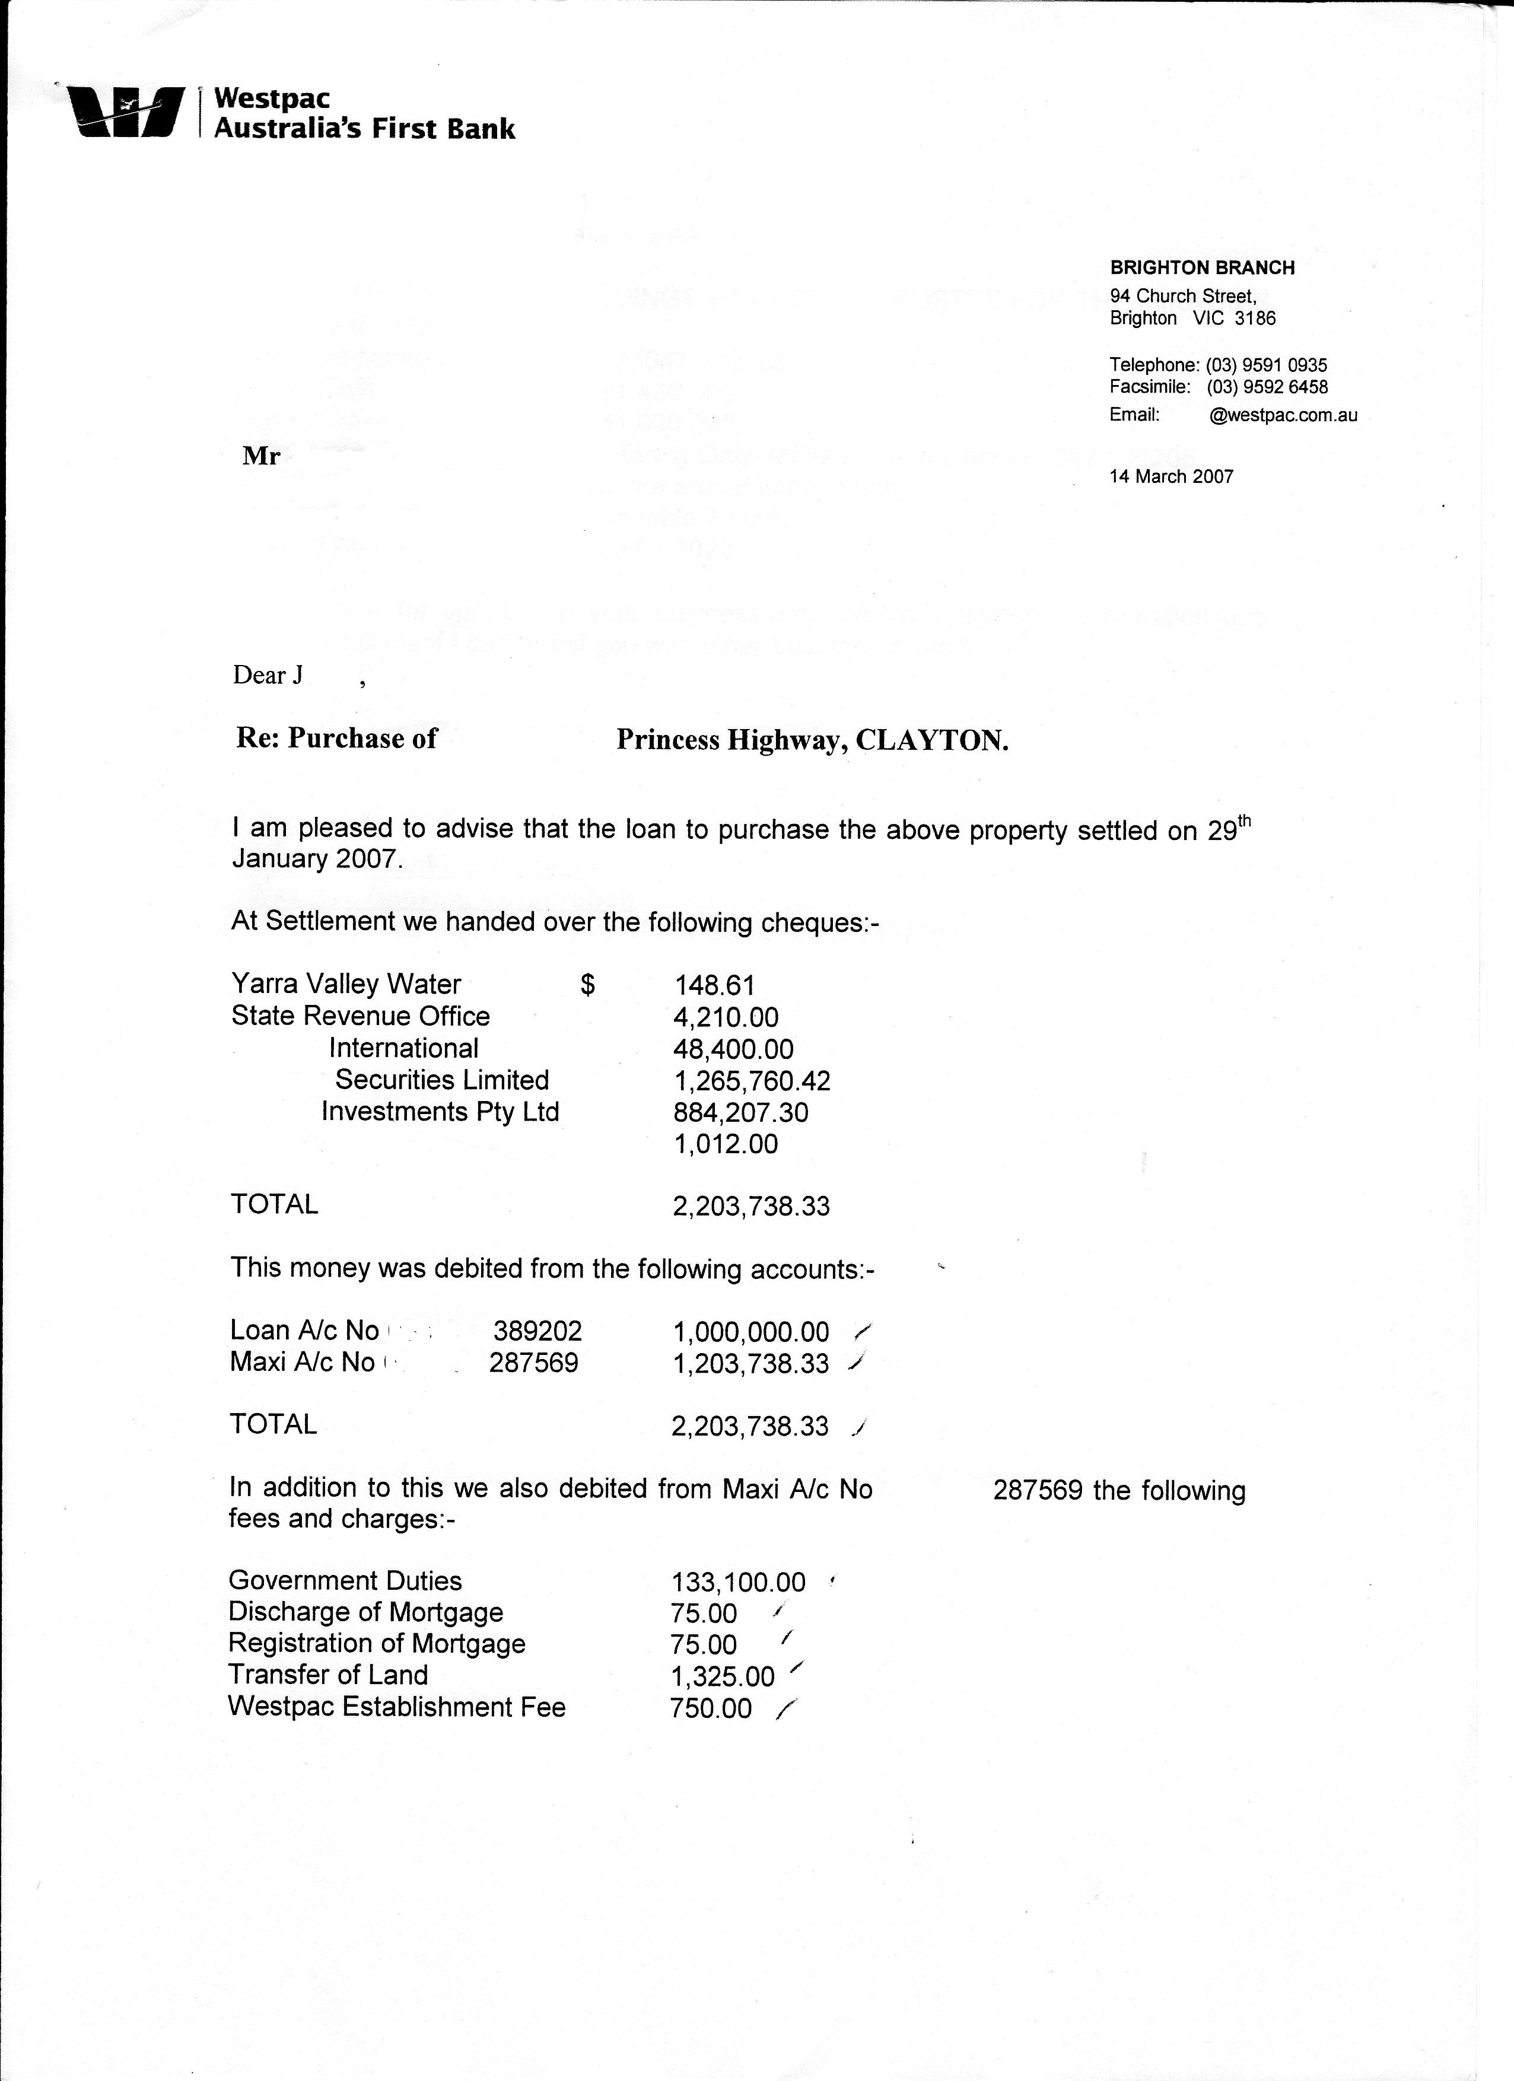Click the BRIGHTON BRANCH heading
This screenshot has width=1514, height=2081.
[1202, 268]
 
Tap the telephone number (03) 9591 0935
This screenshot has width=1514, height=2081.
[1266, 365]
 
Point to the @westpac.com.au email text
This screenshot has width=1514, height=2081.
[1283, 415]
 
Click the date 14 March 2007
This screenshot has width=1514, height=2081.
[1171, 476]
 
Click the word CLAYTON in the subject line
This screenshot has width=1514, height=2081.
[931, 740]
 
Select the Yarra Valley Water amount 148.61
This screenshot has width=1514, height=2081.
[715, 985]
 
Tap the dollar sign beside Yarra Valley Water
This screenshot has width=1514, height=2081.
[588, 985]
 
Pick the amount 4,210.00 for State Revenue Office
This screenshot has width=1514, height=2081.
[726, 1017]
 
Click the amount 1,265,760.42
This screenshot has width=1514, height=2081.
[752, 1081]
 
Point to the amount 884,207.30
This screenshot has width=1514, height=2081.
[740, 1113]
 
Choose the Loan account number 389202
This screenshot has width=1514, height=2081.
[537, 1331]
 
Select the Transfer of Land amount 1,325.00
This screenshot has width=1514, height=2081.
[722, 1677]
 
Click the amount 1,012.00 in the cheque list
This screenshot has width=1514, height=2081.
[726, 1144]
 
